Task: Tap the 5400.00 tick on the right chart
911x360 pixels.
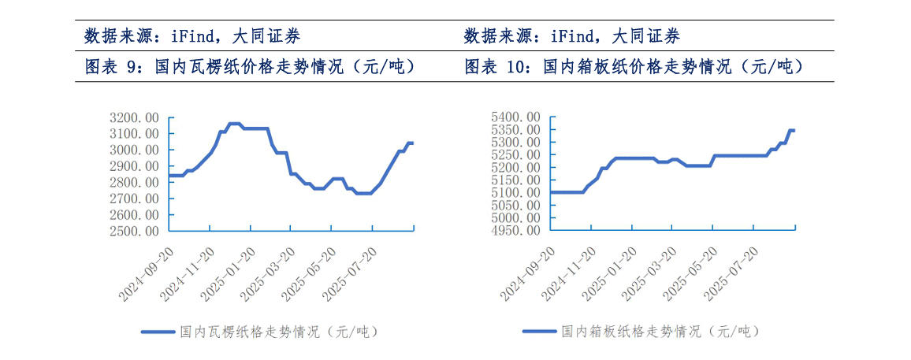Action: coord(517,117)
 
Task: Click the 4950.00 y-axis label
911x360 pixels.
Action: coord(517,231)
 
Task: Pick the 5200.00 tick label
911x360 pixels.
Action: coord(517,168)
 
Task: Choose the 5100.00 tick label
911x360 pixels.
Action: coord(517,193)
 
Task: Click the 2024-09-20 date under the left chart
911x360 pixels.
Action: coord(147,273)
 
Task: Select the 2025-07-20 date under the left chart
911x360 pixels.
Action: coord(351,273)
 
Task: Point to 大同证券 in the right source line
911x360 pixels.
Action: coord(645,35)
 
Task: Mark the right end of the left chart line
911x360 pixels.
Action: coord(412,143)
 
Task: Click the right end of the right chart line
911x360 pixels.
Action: coord(793,130)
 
